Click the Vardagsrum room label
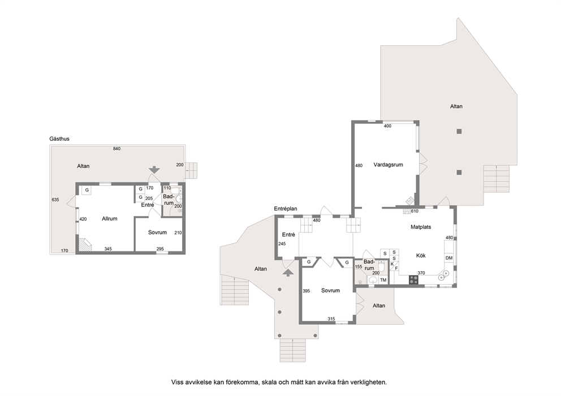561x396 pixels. pos(388,165)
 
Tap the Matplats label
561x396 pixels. pos(421,227)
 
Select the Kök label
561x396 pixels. pos(421,255)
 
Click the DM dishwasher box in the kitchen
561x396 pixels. pos(449,258)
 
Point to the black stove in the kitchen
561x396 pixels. pos(414,280)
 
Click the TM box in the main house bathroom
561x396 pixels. pos(383,280)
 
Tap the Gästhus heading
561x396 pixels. pos(59,138)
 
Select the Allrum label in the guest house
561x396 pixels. pos(110,219)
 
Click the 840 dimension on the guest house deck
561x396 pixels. pos(116,149)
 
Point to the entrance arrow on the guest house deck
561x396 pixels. pos(154,170)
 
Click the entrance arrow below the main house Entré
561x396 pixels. pos(288,273)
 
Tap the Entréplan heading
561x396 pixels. pos(286,208)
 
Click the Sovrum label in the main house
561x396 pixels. pos(330,290)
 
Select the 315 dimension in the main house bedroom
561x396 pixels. pos(331,319)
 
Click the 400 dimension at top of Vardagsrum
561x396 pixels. pos(387,126)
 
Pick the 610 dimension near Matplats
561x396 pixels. pos(415,211)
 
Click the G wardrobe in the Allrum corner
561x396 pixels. pos(87,190)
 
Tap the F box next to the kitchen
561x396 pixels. pos(396,268)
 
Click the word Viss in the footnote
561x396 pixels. pos(178,382)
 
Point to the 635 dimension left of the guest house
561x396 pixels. pos(55,200)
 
